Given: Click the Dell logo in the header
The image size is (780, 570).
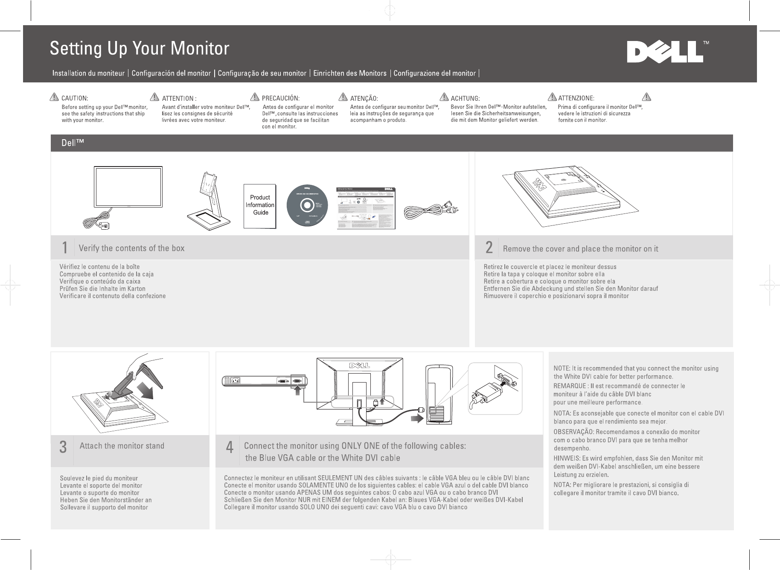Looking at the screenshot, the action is coord(665,53).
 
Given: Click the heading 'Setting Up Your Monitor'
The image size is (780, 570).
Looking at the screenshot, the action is coord(140,49).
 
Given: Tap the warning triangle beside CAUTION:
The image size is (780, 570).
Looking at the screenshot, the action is coord(54,98).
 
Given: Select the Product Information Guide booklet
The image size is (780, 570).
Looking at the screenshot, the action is coord(260,206).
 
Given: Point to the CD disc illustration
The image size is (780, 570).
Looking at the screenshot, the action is coord(307,205).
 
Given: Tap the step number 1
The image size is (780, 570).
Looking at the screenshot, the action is coord(64,248).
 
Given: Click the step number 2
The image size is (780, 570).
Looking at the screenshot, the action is coord(489,248).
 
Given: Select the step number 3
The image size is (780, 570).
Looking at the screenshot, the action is coord(63,447).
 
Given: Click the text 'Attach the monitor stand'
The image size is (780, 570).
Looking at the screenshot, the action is coord(122,446).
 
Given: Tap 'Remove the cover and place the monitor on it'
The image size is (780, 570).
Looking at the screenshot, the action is coord(580,248).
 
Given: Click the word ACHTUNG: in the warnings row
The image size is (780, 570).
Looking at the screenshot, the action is coord(465,99).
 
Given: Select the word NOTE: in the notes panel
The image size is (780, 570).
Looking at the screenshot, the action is coord(562,368).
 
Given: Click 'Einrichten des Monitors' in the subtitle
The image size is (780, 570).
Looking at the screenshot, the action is coord(349,73).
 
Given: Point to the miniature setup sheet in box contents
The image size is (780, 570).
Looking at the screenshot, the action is coord(366,208).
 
